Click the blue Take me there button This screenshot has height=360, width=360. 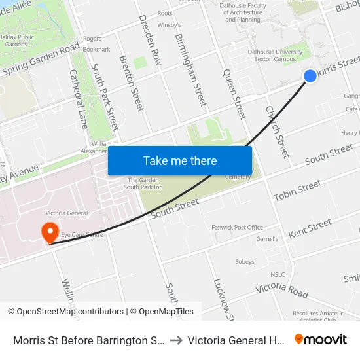[180, 160]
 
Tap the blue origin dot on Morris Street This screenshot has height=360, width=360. [310, 76]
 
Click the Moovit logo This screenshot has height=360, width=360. [321, 340]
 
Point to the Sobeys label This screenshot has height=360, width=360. [245, 262]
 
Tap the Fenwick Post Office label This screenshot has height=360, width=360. [237, 228]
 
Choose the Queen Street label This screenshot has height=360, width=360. [234, 94]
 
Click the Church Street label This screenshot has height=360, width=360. [277, 132]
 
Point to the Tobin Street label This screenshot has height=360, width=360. [297, 192]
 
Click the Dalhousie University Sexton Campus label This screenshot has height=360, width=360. [275, 54]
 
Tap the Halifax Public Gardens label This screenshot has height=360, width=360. [17, 41]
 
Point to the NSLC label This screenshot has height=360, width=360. [278, 274]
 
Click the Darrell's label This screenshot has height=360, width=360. [267, 239]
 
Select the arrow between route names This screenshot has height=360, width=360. [176, 340]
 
